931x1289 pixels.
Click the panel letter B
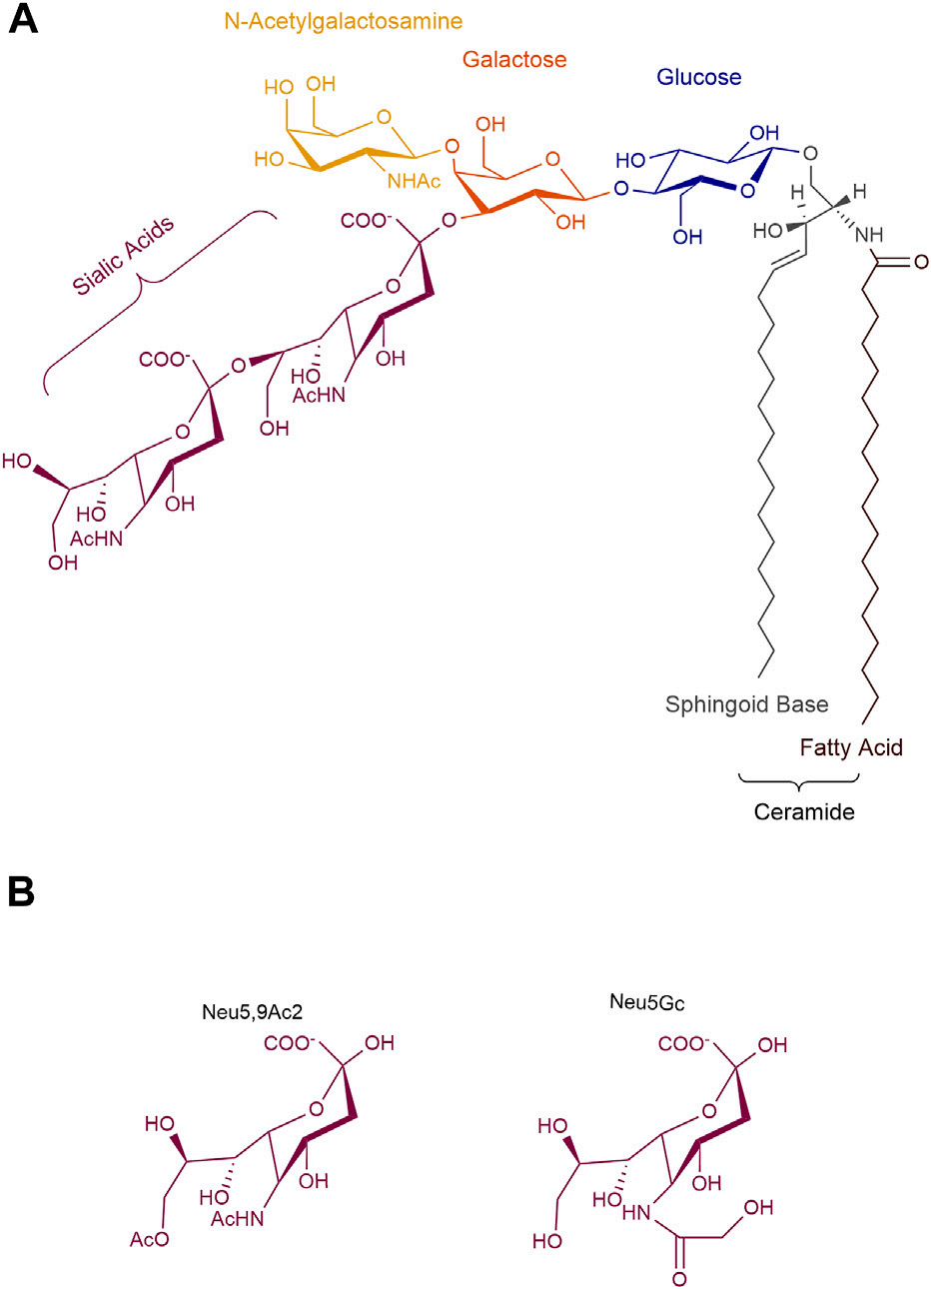click(21, 892)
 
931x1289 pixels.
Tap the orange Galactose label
click(513, 59)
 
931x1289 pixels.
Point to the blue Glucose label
click(698, 77)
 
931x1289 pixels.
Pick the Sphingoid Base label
click(746, 704)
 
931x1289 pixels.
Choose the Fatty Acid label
click(851, 747)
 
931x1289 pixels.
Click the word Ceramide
click(804, 812)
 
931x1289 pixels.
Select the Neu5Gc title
click(646, 1003)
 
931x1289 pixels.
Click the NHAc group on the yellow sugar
click(414, 181)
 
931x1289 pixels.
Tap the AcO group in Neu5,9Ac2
click(150, 1240)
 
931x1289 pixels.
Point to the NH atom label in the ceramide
click(869, 235)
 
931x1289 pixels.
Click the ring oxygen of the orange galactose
click(555, 158)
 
